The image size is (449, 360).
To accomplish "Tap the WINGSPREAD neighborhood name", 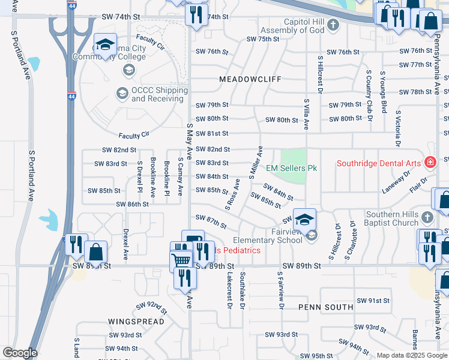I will click(x=136, y=322).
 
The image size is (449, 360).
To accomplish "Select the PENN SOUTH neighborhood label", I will click(x=326, y=307).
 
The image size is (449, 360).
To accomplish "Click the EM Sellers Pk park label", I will click(x=291, y=169).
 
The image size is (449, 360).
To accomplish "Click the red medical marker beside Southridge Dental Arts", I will click(x=430, y=162).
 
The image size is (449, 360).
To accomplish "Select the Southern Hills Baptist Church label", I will click(x=378, y=219).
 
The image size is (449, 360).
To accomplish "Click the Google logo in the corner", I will click(x=19, y=353).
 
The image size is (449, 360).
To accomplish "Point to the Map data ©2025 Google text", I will click(x=411, y=355).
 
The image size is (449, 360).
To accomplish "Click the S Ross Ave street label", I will click(x=233, y=194).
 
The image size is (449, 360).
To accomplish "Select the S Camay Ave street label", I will click(x=180, y=177).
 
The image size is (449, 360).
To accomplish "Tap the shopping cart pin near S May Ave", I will click(x=180, y=260).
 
